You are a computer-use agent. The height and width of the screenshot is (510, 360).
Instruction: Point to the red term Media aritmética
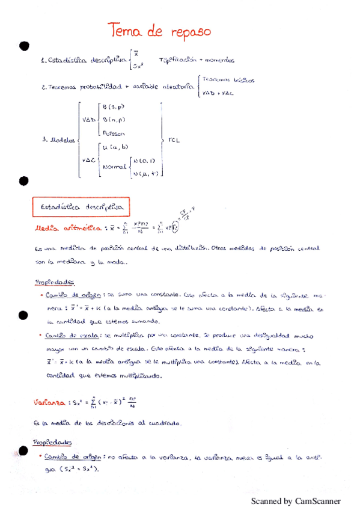[x=68, y=228]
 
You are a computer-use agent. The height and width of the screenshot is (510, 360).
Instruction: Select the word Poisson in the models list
[x=114, y=133]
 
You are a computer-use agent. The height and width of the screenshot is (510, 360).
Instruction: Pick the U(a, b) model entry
[x=115, y=147]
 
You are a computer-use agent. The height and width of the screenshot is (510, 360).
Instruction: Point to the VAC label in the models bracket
[x=88, y=160]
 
